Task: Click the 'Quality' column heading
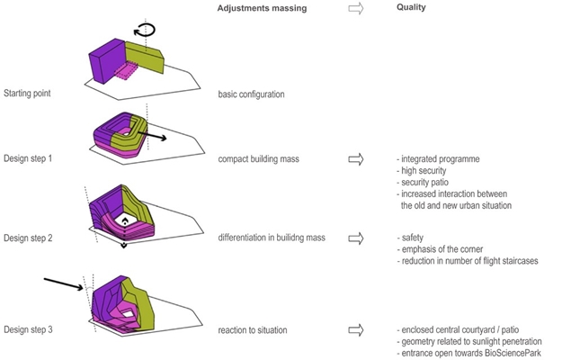click(412, 8)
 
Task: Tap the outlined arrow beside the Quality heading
click(355, 8)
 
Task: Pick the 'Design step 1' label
click(28, 158)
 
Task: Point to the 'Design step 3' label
click(28, 330)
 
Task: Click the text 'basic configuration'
click(250, 94)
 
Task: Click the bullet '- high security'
click(423, 170)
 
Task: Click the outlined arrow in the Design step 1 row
click(355, 158)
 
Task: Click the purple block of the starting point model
click(105, 61)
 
